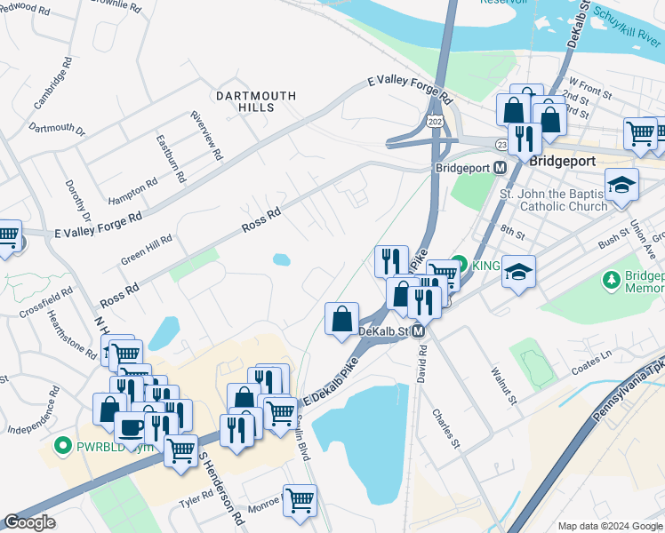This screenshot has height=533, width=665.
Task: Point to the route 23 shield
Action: tap(502, 143)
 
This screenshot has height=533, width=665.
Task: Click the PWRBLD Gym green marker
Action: tap(62, 444)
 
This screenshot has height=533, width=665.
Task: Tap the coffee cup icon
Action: tap(132, 427)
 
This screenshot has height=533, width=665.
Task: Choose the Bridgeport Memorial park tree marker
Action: tap(610, 281)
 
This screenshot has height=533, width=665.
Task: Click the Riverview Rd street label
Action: tap(204, 136)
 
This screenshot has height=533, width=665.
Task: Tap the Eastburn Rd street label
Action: tap(170, 158)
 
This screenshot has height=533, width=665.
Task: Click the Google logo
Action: tap(29, 522)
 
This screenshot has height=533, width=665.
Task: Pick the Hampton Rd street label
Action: tap(132, 189)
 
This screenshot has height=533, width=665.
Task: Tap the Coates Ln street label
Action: tap(592, 357)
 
